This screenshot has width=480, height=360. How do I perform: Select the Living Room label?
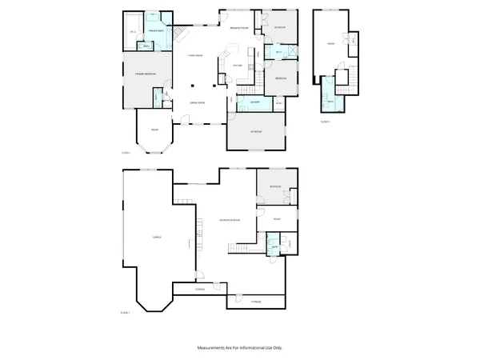click(x=194, y=54)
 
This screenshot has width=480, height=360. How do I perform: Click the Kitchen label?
click(x=237, y=66)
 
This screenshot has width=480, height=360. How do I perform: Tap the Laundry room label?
click(x=252, y=103)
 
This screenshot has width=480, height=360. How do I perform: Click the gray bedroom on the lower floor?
click(x=274, y=186)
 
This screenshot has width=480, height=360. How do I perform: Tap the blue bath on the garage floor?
click(x=274, y=247)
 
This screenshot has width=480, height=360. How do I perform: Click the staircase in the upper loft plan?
click(x=348, y=79)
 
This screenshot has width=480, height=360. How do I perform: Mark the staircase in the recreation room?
click(x=238, y=251)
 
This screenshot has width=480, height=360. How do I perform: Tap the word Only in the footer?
click(x=278, y=348)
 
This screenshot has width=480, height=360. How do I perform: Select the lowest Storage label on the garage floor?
click(x=255, y=302)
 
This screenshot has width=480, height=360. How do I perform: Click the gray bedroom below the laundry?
click(x=255, y=131)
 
